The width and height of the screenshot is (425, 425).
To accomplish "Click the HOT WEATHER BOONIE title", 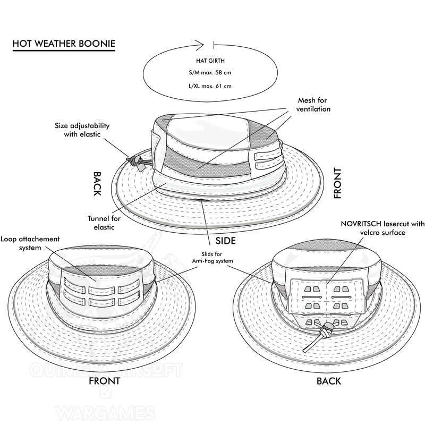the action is tap(64, 44).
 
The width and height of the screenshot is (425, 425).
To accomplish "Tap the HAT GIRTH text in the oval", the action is tap(210, 61).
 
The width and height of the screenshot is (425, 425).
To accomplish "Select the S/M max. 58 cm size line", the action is tap(210, 73).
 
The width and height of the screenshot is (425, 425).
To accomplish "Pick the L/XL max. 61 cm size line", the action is tap(210, 86).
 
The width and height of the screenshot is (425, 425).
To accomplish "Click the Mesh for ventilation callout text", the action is tap(313, 105).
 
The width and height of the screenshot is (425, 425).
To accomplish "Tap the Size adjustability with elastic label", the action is tap(82, 130).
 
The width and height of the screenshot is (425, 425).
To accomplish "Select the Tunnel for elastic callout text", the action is tap(104, 223).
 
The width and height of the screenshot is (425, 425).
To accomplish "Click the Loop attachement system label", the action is tap(30, 243).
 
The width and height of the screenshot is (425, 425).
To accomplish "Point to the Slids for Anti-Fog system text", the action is tap(212, 258).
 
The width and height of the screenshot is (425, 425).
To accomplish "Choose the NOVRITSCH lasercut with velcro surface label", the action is tap(382, 228).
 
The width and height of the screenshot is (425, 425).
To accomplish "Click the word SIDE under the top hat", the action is tap(225, 241).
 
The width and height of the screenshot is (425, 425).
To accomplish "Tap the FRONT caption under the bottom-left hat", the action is tap(104, 381).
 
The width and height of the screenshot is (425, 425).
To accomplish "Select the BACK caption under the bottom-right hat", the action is tap(329, 381).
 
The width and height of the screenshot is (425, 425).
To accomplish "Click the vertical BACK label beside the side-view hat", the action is tap(97, 183).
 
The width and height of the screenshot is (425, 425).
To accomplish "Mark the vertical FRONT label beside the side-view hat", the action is tap(337, 183).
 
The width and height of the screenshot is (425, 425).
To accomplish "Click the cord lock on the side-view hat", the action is tap(135, 162).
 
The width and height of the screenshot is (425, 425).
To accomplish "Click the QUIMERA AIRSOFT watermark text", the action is tap(106, 370).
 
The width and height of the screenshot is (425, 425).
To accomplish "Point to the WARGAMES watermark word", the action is tap(106, 413).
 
